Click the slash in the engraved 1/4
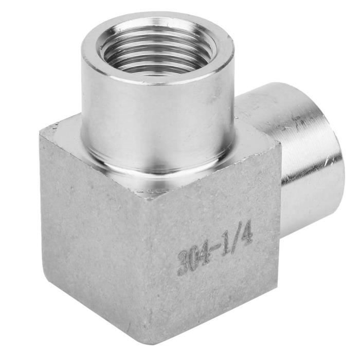238,240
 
